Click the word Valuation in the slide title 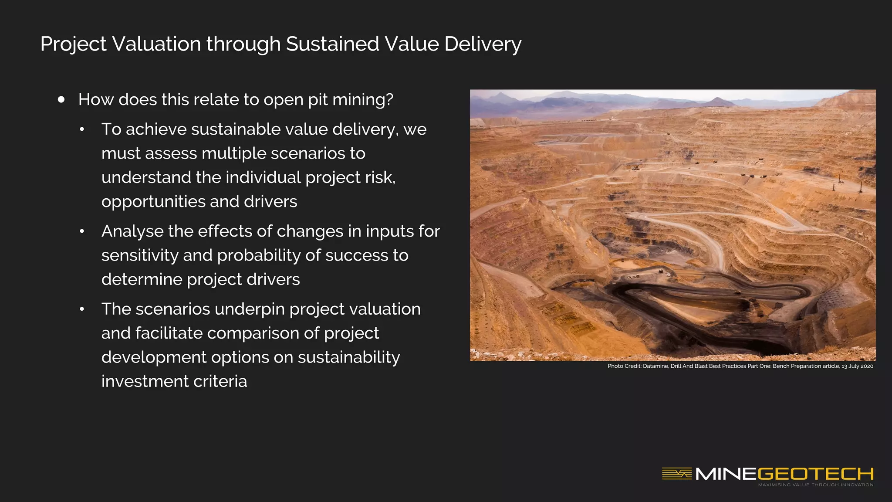click(157, 44)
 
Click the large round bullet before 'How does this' click(61, 100)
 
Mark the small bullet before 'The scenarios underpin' click(82, 309)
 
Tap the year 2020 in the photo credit click(866, 366)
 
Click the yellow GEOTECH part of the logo click(815, 474)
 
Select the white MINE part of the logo click(726, 474)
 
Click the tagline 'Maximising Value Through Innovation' click(815, 485)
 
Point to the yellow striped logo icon click(676, 473)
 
